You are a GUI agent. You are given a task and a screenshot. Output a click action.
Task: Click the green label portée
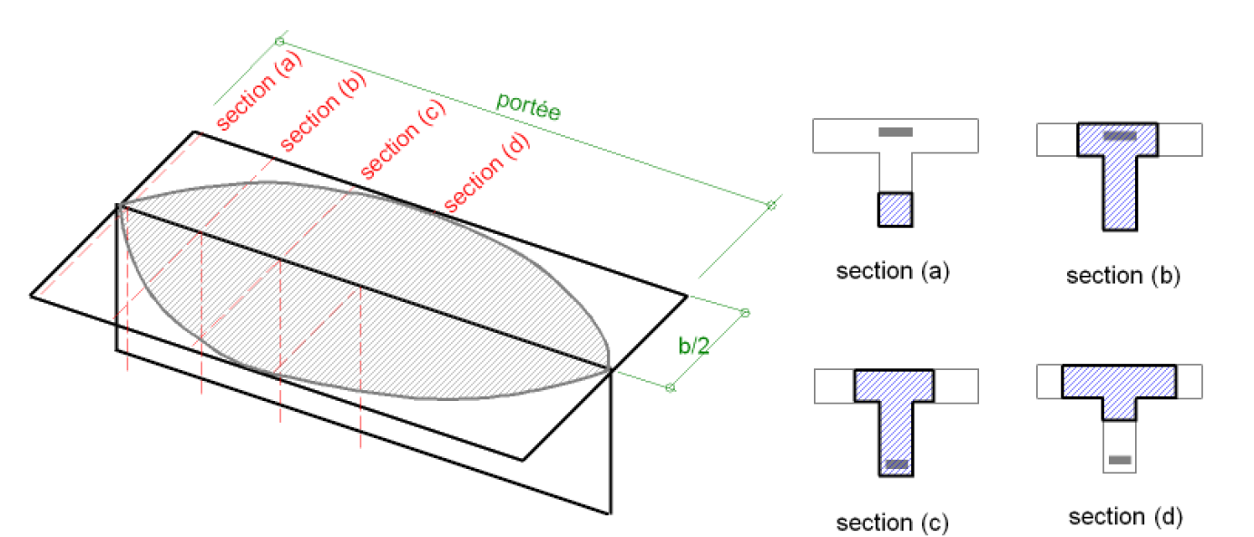tap(528, 106)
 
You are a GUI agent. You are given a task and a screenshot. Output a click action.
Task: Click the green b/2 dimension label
tap(693, 346)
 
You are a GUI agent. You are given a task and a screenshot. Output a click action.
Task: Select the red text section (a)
tap(260, 92)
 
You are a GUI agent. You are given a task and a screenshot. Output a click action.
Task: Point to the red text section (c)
tap(403, 140)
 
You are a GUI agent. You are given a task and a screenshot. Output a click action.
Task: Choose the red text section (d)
tap(486, 172)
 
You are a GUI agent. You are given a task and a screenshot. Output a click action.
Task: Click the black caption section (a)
tap(893, 271)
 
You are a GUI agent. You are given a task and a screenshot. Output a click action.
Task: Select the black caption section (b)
tap(1123, 276)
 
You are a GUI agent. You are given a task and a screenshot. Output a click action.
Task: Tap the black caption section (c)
tap(893, 523)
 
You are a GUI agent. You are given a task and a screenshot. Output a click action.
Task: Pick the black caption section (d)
tap(1125, 517)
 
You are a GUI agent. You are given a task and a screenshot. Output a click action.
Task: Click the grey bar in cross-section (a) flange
tap(896, 132)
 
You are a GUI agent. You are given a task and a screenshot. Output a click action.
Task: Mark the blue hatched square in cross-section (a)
tap(896, 210)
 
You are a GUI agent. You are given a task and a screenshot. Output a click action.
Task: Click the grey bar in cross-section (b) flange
tap(1120, 135)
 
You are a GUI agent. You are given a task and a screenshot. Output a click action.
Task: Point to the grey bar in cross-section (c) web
tap(896, 464)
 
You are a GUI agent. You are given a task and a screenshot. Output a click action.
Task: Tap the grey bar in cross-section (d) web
tap(1121, 460)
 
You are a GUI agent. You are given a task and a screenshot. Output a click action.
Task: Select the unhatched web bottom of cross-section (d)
tap(1120, 446)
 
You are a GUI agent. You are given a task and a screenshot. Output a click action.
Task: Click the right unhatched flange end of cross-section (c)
tap(956, 386)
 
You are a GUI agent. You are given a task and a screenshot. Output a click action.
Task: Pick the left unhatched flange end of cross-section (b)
tap(1057, 140)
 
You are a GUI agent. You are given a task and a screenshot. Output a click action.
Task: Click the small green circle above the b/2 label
tap(745, 313)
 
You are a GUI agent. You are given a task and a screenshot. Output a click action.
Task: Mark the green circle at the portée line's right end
tap(771, 206)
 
